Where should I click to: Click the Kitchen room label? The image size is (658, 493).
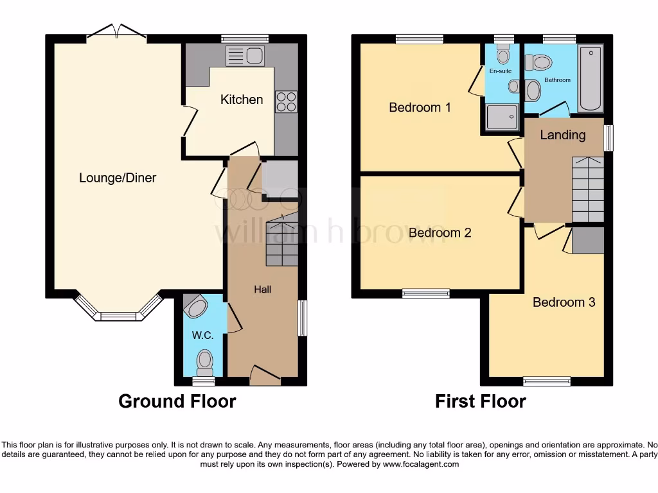tap(242, 99)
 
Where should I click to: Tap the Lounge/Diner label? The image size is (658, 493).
tap(118, 178)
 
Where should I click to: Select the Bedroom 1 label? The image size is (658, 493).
tap(420, 107)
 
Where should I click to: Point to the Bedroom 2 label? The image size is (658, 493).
tap(440, 232)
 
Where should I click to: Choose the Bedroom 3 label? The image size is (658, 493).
tap(564, 302)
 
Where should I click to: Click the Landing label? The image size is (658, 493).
tap(562, 135)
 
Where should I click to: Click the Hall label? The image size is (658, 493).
tap(262, 290)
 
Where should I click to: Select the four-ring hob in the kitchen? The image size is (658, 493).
tap(286, 102)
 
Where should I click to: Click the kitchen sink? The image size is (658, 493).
tap(245, 56)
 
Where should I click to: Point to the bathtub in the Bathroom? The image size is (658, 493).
tap(591, 78)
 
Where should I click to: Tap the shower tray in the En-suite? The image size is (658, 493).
tap(501, 117)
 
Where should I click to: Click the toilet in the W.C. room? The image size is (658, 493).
tap(205, 361)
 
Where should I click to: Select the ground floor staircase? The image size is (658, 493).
tap(282, 241)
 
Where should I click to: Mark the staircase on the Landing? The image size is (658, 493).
tap(587, 189)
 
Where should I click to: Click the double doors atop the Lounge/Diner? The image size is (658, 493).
tap(116, 32)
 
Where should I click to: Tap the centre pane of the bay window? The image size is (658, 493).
tap(118, 316)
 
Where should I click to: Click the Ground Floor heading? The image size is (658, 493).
tap(177, 402)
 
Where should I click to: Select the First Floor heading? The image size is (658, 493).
tap(481, 402)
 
